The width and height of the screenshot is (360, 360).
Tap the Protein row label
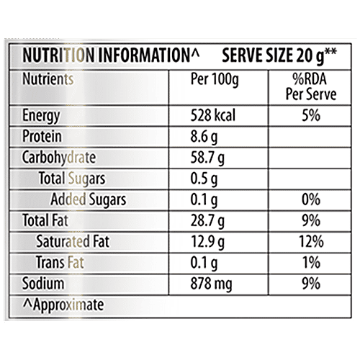[x=42, y=137]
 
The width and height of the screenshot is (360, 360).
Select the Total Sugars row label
[x=73, y=178]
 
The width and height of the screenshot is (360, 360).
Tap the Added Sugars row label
[x=89, y=199]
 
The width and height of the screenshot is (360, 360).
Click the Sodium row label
[x=43, y=282]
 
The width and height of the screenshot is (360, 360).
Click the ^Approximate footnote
[x=63, y=305]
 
